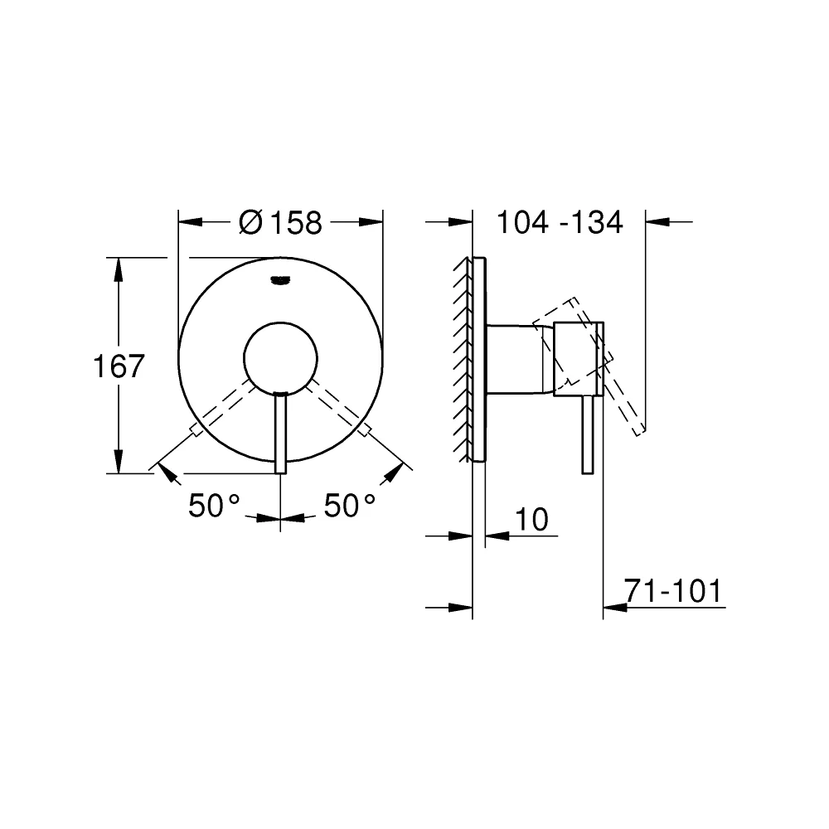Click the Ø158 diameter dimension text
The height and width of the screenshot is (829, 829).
[280, 222]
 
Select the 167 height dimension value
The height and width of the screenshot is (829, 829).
[119, 366]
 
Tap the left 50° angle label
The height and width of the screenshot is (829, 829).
[214, 506]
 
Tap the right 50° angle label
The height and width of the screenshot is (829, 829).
[350, 506]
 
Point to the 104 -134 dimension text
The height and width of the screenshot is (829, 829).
[560, 222]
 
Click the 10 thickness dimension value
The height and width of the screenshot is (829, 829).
[531, 520]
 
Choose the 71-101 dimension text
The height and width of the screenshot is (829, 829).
[673, 590]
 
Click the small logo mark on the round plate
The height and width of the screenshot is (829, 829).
[280, 281]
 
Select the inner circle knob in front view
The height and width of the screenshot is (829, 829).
[281, 359]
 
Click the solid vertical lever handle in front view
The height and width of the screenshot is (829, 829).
[281, 433]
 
